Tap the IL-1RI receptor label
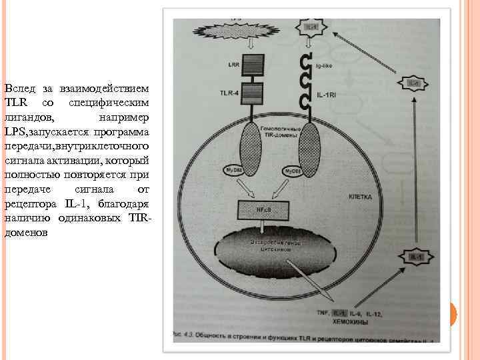coord(327,96)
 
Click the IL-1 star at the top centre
coord(311,26)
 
